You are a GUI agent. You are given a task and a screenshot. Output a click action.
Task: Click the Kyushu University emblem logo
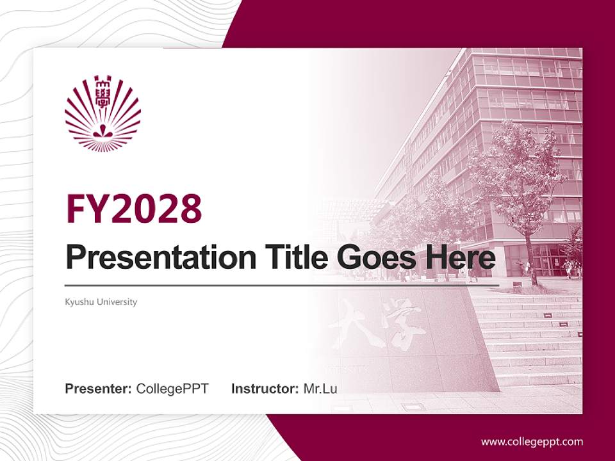(x=102, y=114)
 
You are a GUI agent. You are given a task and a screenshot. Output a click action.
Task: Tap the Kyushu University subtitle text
(x=101, y=302)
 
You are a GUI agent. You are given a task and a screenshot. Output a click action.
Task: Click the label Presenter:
(x=99, y=389)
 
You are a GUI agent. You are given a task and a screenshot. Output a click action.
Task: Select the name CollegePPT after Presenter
(x=172, y=389)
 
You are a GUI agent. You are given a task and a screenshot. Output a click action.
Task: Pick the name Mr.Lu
(x=320, y=389)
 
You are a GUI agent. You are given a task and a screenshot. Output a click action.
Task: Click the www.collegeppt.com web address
(x=532, y=441)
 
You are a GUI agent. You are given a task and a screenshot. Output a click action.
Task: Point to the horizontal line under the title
(x=282, y=285)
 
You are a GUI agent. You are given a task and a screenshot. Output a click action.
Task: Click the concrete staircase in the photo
(x=532, y=339)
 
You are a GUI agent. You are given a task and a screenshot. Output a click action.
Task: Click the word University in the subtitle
(x=117, y=302)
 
